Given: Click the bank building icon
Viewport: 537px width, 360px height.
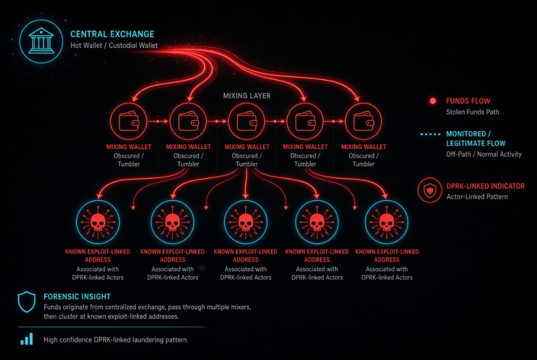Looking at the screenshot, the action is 41,41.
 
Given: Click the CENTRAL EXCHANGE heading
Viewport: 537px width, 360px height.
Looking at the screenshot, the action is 112,34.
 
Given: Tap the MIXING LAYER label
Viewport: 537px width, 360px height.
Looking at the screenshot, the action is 247,96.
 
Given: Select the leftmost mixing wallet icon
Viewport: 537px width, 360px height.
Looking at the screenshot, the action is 129,121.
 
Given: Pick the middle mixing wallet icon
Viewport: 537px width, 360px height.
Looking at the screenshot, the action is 246,121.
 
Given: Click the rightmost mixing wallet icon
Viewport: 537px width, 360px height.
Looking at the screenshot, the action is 364,121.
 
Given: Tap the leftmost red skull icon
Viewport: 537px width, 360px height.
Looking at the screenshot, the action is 98,222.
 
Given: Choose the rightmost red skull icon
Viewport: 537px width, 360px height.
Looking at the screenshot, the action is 386,222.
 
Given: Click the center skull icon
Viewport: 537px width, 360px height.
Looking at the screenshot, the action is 245,222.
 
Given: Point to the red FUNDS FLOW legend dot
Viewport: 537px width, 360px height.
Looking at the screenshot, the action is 433,101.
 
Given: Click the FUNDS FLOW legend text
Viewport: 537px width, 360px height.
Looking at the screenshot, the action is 468,101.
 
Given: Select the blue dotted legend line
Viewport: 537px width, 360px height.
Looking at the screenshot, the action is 431,134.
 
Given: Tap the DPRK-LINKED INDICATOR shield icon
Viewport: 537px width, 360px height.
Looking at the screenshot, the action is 430,190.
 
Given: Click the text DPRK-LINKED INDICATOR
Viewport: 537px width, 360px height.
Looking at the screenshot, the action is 485,186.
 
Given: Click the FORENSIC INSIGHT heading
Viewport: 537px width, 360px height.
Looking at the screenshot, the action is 77,297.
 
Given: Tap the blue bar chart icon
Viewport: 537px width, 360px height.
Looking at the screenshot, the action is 26,339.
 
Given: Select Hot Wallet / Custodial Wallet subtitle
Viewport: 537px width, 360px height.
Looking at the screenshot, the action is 114,45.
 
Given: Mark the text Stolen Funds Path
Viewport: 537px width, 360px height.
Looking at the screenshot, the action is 472,112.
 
